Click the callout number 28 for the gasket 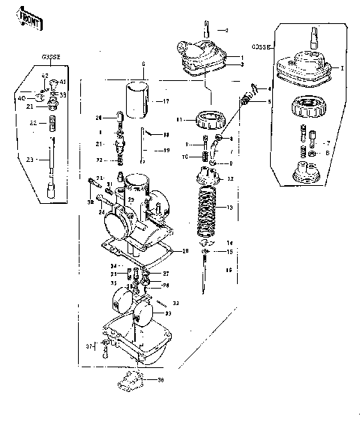pos(186,250)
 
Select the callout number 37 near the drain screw pos(88,346)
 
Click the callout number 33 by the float pos(177,303)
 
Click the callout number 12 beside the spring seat pos(230,178)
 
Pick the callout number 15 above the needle pos(229,253)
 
